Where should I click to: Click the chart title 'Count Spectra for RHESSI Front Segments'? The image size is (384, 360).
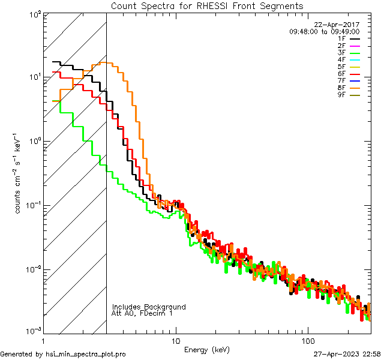pyautogui.click(x=207, y=6)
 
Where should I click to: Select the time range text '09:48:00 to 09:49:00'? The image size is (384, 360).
pyautogui.click(x=324, y=31)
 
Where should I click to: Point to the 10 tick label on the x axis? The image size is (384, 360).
pyautogui.click(x=175, y=341)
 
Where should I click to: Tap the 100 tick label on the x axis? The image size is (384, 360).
pyautogui.click(x=307, y=341)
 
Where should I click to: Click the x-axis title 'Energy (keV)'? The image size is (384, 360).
pyautogui.click(x=207, y=350)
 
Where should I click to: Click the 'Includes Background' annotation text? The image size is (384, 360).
pyautogui.click(x=149, y=307)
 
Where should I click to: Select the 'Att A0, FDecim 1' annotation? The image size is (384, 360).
pyautogui.click(x=142, y=313)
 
